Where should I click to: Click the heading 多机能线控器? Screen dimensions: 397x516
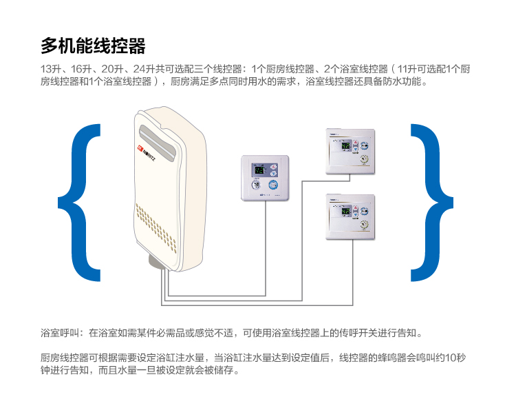(x=93, y=46)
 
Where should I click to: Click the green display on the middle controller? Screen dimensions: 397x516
(x=258, y=170)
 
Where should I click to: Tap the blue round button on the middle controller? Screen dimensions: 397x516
(x=273, y=185)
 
